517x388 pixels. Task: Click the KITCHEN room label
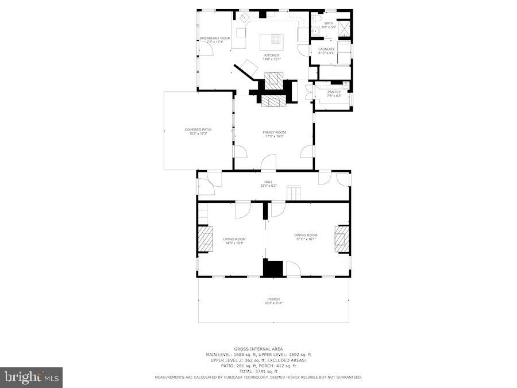(x=271, y=55)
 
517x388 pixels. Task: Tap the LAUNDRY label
(x=326, y=49)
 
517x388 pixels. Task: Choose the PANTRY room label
(x=334, y=92)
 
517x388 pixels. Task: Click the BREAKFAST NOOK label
(x=215, y=38)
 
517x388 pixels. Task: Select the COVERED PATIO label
(x=194, y=129)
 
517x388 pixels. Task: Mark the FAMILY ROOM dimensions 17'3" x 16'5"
(x=274, y=136)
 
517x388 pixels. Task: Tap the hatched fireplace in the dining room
(x=342, y=239)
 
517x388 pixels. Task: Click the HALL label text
(x=268, y=182)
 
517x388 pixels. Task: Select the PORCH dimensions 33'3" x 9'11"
(x=274, y=303)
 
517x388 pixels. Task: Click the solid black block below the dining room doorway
(x=273, y=268)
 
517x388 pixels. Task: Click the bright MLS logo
(x=32, y=378)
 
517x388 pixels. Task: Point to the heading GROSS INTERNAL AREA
(x=258, y=349)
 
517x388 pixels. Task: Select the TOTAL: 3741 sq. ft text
(x=258, y=371)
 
